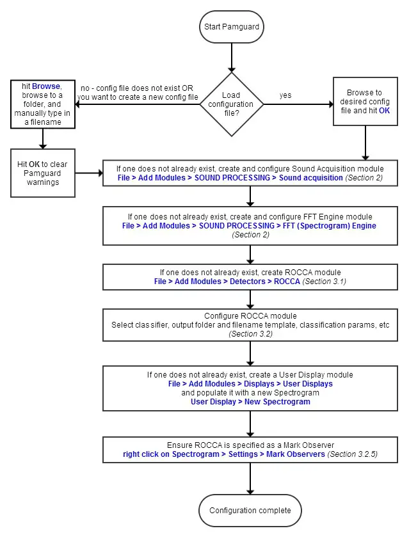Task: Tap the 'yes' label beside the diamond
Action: [285, 95]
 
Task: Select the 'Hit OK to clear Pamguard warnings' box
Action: [43, 173]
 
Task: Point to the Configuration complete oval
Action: [250, 510]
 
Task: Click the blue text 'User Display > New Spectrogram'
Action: [250, 402]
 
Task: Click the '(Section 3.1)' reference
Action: [324, 282]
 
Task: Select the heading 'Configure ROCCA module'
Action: [250, 316]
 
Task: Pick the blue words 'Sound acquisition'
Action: [311, 177]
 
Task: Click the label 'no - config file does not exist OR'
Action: [136, 88]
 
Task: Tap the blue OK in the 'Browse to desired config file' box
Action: [384, 110]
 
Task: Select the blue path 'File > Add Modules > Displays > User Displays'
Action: [250, 384]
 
